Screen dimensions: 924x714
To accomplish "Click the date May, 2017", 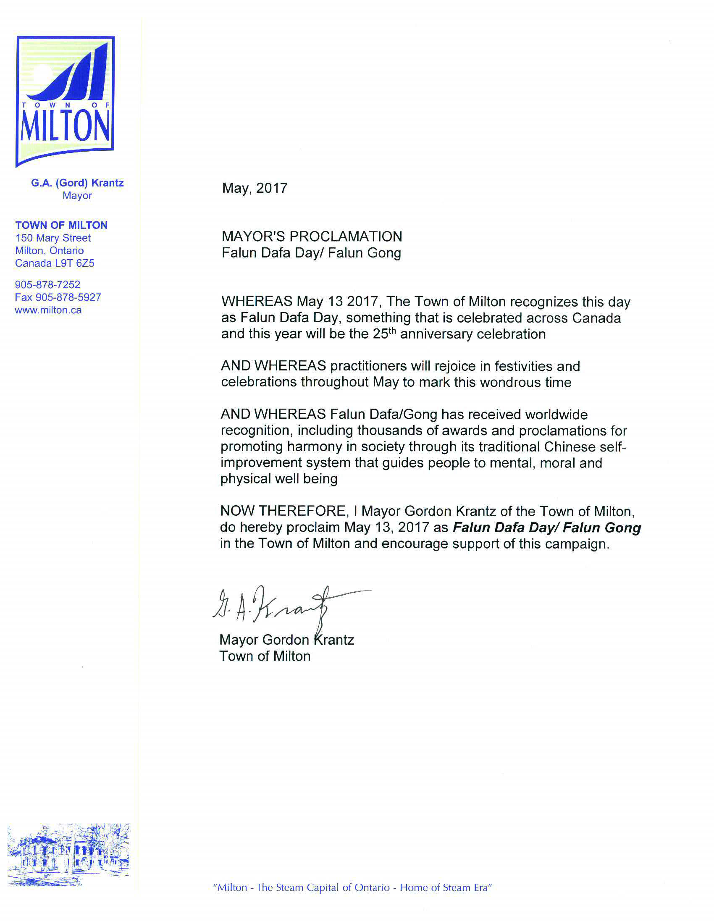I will pyautogui.click(x=255, y=188).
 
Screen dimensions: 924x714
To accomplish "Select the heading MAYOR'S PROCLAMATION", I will pyautogui.click(x=312, y=236).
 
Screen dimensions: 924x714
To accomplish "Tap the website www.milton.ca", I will pyautogui.click(x=48, y=310).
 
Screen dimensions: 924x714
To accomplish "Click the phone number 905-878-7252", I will pyautogui.click(x=47, y=285).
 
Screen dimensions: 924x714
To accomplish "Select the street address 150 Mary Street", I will pyautogui.click(x=53, y=238).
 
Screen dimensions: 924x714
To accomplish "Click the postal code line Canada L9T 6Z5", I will pyautogui.click(x=55, y=263).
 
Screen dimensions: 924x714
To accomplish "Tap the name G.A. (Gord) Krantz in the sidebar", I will pyautogui.click(x=77, y=183).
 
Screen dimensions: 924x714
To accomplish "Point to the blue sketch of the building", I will pyautogui.click(x=68, y=854).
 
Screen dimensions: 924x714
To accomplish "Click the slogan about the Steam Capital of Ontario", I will pyautogui.click(x=352, y=887).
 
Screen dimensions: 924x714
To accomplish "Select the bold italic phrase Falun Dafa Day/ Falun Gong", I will pyautogui.click(x=547, y=528).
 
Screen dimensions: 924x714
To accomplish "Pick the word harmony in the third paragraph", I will pyautogui.click(x=312, y=447).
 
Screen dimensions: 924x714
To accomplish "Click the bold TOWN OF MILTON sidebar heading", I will pyautogui.click(x=61, y=225).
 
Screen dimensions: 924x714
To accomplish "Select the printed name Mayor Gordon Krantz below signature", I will pyautogui.click(x=286, y=640).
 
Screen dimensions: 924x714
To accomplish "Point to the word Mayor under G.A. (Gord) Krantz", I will pyautogui.click(x=77, y=195).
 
